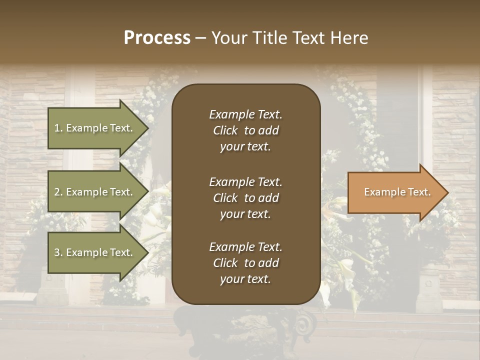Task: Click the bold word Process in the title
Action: pyautogui.click(x=157, y=38)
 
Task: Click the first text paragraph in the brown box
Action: pyautogui.click(x=245, y=130)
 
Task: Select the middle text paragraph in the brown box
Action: pyautogui.click(x=245, y=197)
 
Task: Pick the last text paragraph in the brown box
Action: pyautogui.click(x=245, y=263)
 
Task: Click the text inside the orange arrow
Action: pyautogui.click(x=397, y=192)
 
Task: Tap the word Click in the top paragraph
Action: pyautogui.click(x=225, y=130)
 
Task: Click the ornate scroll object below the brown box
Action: pyautogui.click(x=300, y=325)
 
